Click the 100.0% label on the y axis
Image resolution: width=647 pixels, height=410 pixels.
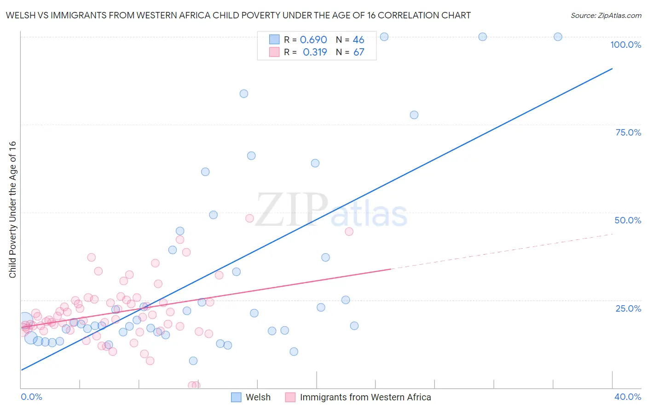(625, 45)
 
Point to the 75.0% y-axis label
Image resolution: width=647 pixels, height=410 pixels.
(628, 132)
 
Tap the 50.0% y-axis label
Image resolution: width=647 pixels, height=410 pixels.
(628, 220)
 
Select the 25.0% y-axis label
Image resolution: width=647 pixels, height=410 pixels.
(628, 308)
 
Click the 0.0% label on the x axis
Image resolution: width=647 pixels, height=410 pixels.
(31, 397)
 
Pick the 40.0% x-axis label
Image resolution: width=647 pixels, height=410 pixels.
(628, 397)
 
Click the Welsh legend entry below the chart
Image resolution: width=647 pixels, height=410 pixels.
(258, 397)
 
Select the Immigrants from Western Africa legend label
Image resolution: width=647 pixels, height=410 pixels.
(365, 397)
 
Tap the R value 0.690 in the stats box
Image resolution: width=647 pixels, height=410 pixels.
(313, 40)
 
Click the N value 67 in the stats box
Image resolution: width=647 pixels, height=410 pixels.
(358, 52)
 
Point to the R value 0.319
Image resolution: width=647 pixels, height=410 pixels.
(315, 52)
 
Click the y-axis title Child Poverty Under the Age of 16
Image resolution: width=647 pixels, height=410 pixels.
(12, 209)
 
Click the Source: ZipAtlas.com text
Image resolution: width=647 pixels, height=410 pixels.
(606, 16)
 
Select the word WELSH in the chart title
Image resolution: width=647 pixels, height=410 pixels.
(20, 16)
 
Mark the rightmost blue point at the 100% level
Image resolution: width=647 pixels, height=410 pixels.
(558, 37)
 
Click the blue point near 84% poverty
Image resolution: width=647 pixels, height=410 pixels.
(244, 94)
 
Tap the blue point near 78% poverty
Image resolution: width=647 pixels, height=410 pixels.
(414, 115)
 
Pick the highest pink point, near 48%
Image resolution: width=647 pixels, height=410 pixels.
(249, 218)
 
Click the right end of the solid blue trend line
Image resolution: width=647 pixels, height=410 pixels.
(612, 68)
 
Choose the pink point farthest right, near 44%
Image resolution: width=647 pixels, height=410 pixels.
(349, 232)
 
